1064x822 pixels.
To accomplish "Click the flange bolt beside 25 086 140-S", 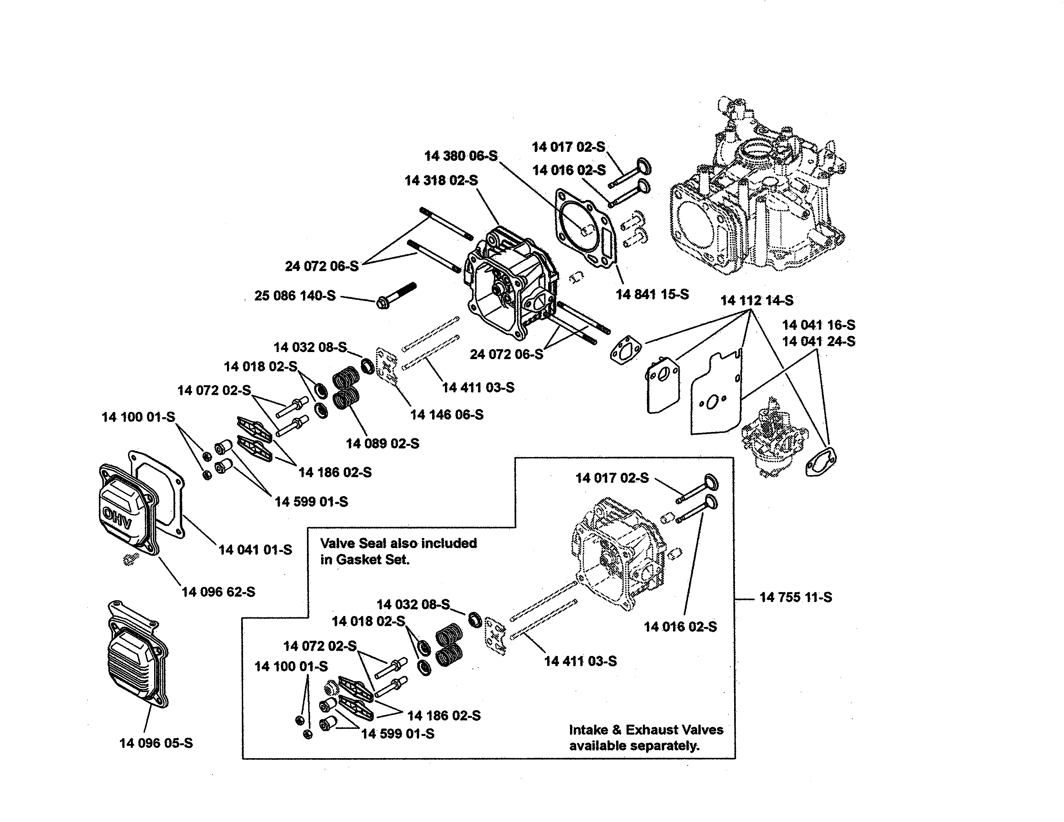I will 396,296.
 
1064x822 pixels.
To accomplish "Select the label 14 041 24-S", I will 818,341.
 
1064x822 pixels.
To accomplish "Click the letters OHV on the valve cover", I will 117,518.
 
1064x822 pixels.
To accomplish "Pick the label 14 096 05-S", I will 156,743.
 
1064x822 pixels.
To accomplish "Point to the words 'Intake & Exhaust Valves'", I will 646,729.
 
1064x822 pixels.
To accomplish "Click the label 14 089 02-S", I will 382,443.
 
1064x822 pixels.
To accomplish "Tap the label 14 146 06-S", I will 447,415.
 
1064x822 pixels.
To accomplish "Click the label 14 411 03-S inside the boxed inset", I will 580,661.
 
